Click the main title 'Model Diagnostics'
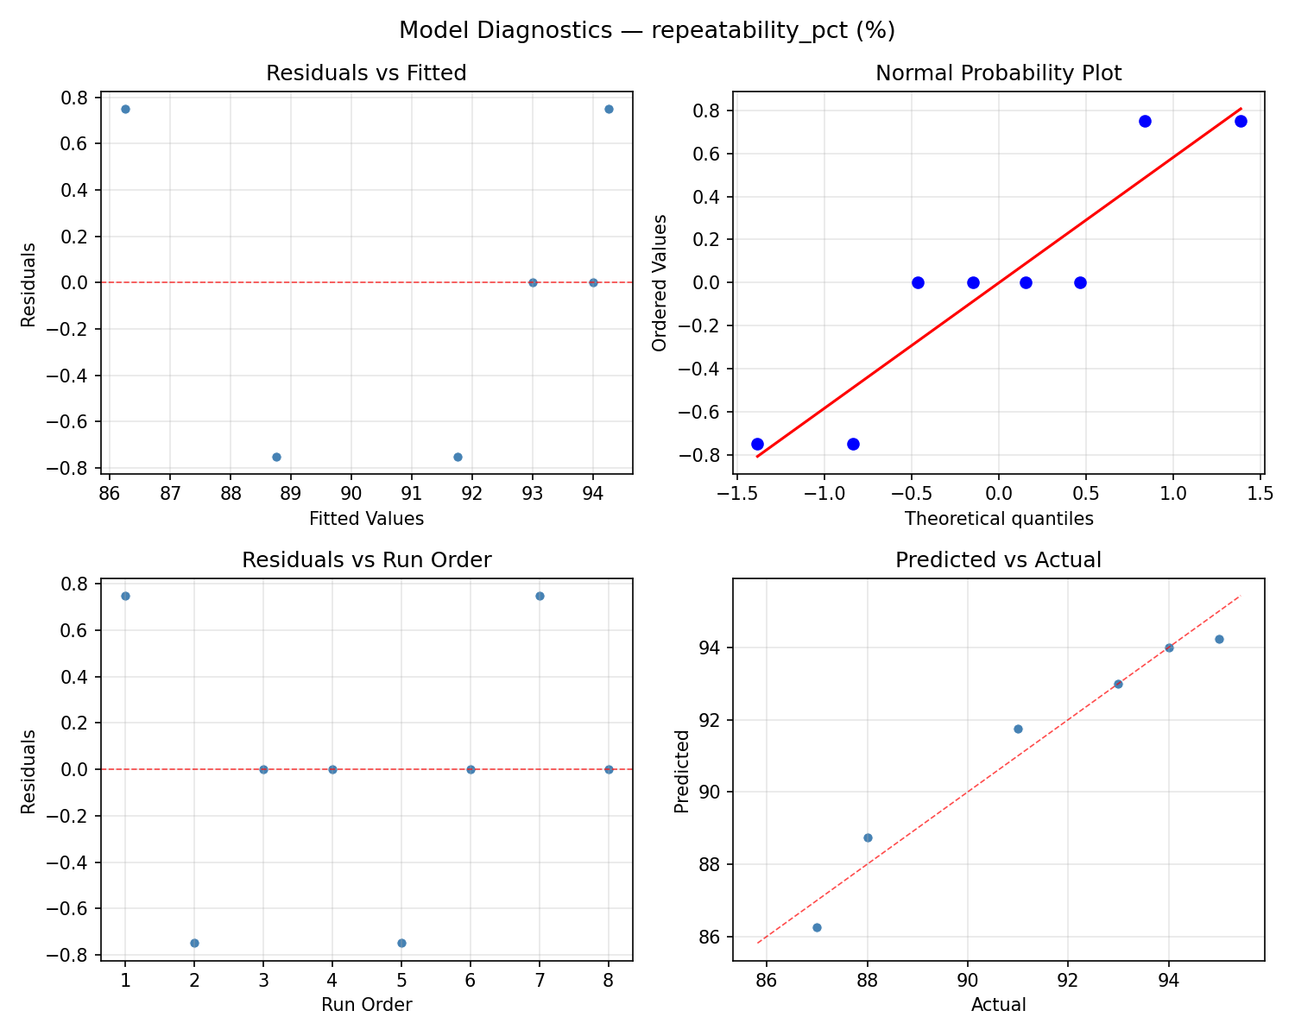tap(647, 31)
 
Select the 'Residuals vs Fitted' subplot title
tap(366, 73)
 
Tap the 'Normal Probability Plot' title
tap(998, 73)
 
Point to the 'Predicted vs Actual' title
tap(998, 560)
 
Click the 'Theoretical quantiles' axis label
tap(998, 519)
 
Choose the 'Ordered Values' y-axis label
tap(660, 282)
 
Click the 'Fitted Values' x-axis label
tap(366, 519)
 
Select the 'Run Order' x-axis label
tap(366, 1005)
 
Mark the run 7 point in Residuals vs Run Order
tap(540, 596)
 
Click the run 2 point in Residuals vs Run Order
tap(194, 943)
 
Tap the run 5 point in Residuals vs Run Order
tap(401, 943)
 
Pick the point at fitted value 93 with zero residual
tap(533, 282)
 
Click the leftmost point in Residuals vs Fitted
tap(125, 109)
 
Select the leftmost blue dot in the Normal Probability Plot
tap(757, 444)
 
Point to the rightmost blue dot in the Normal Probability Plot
tap(1241, 121)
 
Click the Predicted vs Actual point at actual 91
tap(1018, 729)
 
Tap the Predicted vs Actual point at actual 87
tap(817, 927)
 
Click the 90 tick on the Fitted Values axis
tap(351, 494)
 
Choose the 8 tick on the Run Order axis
tap(609, 980)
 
